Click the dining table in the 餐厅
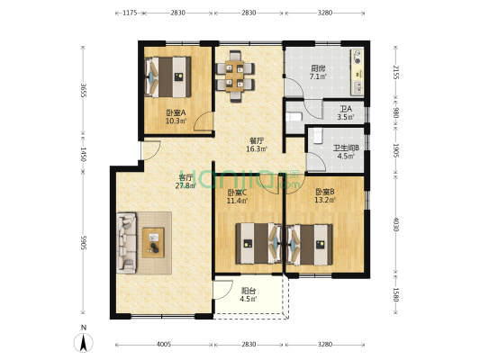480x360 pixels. (x=235, y=76)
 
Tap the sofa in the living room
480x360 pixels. (x=126, y=243)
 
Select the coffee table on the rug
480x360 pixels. (x=153, y=242)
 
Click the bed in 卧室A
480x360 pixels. (x=168, y=76)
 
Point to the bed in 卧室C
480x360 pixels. (x=258, y=244)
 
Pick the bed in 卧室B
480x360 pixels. (x=310, y=245)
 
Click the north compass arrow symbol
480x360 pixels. (x=83, y=343)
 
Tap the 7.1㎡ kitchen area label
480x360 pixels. (x=318, y=76)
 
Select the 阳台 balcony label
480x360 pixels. (x=249, y=291)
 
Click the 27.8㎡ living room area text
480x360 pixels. (x=186, y=185)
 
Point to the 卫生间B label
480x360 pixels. (x=346, y=148)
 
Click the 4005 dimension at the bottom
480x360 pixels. (x=164, y=345)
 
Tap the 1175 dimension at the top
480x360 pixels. (x=130, y=13)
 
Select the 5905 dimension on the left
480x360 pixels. (x=83, y=242)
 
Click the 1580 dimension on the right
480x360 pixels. (x=396, y=294)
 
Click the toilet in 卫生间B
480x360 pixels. (x=318, y=136)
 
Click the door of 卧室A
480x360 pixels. (x=203, y=122)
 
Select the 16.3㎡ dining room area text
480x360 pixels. (x=258, y=149)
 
